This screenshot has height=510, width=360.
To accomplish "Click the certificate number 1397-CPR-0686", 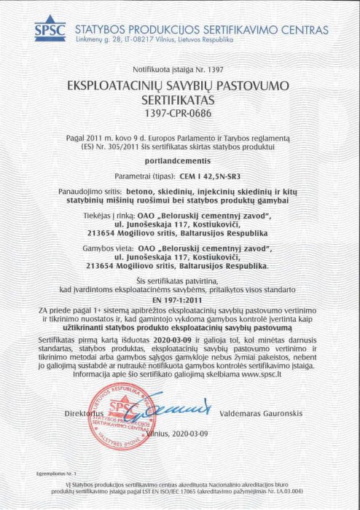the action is [179, 114].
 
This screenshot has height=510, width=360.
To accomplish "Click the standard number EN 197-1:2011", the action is [179, 299].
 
